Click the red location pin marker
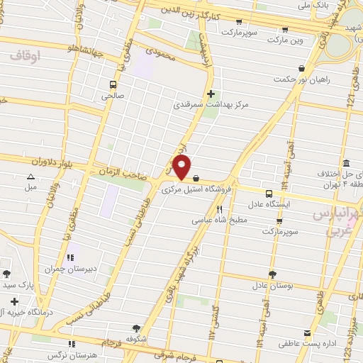click(x=182, y=168)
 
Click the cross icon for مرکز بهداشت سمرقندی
click(x=210, y=94)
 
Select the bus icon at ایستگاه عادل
click(x=269, y=193)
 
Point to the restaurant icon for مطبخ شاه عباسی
click(x=219, y=209)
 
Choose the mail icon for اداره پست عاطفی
click(x=307, y=333)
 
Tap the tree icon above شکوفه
click(x=136, y=328)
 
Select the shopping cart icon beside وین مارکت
click(x=285, y=30)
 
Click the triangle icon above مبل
click(x=30, y=177)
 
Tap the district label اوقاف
click(x=28, y=54)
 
